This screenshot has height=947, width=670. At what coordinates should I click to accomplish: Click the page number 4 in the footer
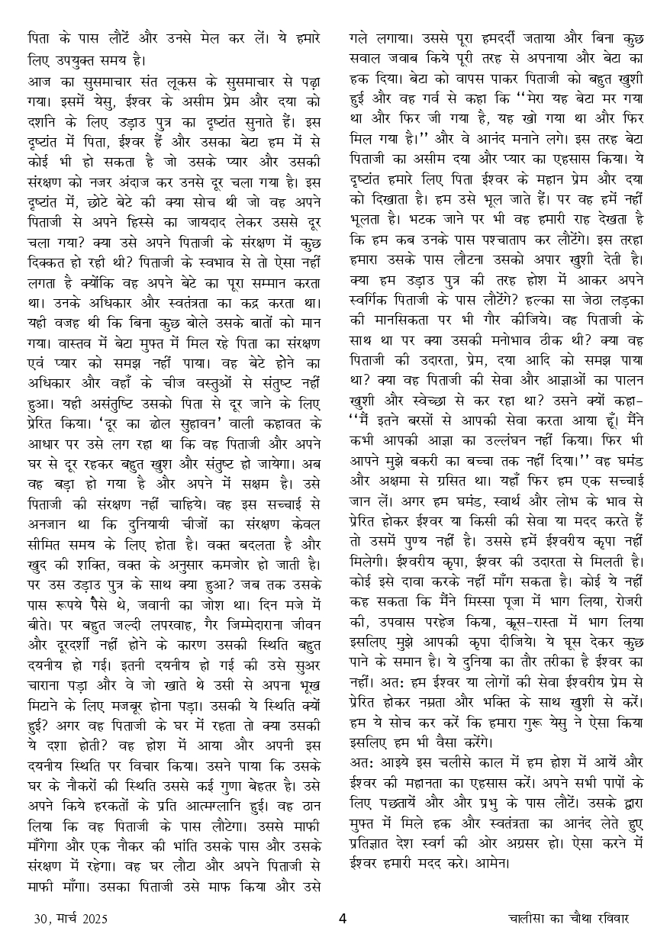click(x=343, y=918)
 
